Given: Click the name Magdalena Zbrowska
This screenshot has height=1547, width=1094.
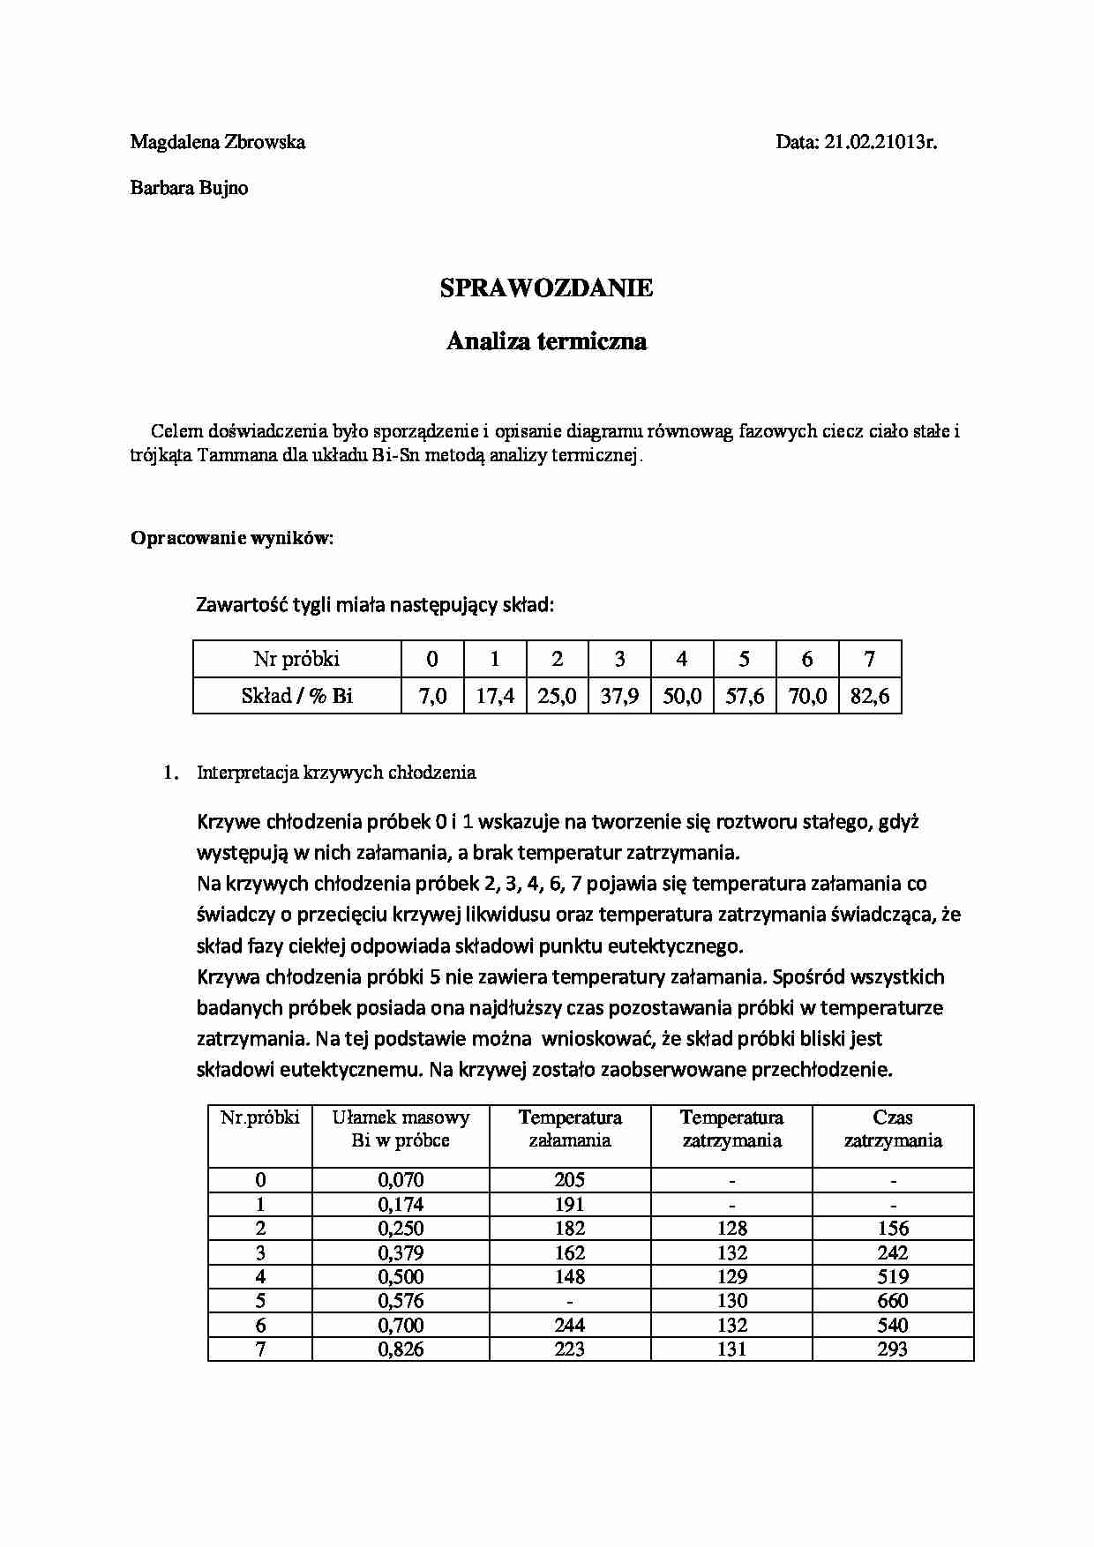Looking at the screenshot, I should (x=218, y=142).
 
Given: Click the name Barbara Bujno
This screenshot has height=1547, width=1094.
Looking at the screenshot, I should (x=189, y=188).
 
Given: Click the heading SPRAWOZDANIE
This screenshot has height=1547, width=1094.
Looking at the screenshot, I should (x=546, y=288).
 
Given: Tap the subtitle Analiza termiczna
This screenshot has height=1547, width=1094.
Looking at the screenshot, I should (x=546, y=341).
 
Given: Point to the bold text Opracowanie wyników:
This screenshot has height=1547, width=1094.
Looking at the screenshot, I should (x=232, y=538).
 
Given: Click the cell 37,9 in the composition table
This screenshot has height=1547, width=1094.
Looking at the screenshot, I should (x=619, y=696).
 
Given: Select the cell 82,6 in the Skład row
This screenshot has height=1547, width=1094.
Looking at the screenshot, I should (x=870, y=696).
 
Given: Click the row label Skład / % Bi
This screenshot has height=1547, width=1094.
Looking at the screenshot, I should (x=296, y=696).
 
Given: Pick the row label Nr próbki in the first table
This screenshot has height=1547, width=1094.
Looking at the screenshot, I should (x=296, y=659).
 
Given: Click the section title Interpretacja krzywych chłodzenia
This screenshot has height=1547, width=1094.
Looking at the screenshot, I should (x=336, y=773).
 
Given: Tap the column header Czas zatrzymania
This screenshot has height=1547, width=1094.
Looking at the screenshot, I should (x=893, y=1129).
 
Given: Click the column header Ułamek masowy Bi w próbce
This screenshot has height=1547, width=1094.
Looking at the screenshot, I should (x=401, y=1129).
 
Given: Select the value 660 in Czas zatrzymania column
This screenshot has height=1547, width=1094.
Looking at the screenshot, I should (x=893, y=1301).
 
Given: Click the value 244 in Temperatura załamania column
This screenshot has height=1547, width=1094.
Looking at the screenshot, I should (x=570, y=1325).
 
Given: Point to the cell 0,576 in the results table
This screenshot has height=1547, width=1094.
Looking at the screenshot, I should (x=401, y=1301).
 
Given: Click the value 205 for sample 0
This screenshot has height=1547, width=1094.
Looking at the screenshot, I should (x=570, y=1180).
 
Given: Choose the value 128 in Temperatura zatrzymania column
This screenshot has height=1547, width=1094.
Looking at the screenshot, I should (x=732, y=1229).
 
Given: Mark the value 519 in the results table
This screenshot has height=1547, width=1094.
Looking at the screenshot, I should (x=893, y=1276).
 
